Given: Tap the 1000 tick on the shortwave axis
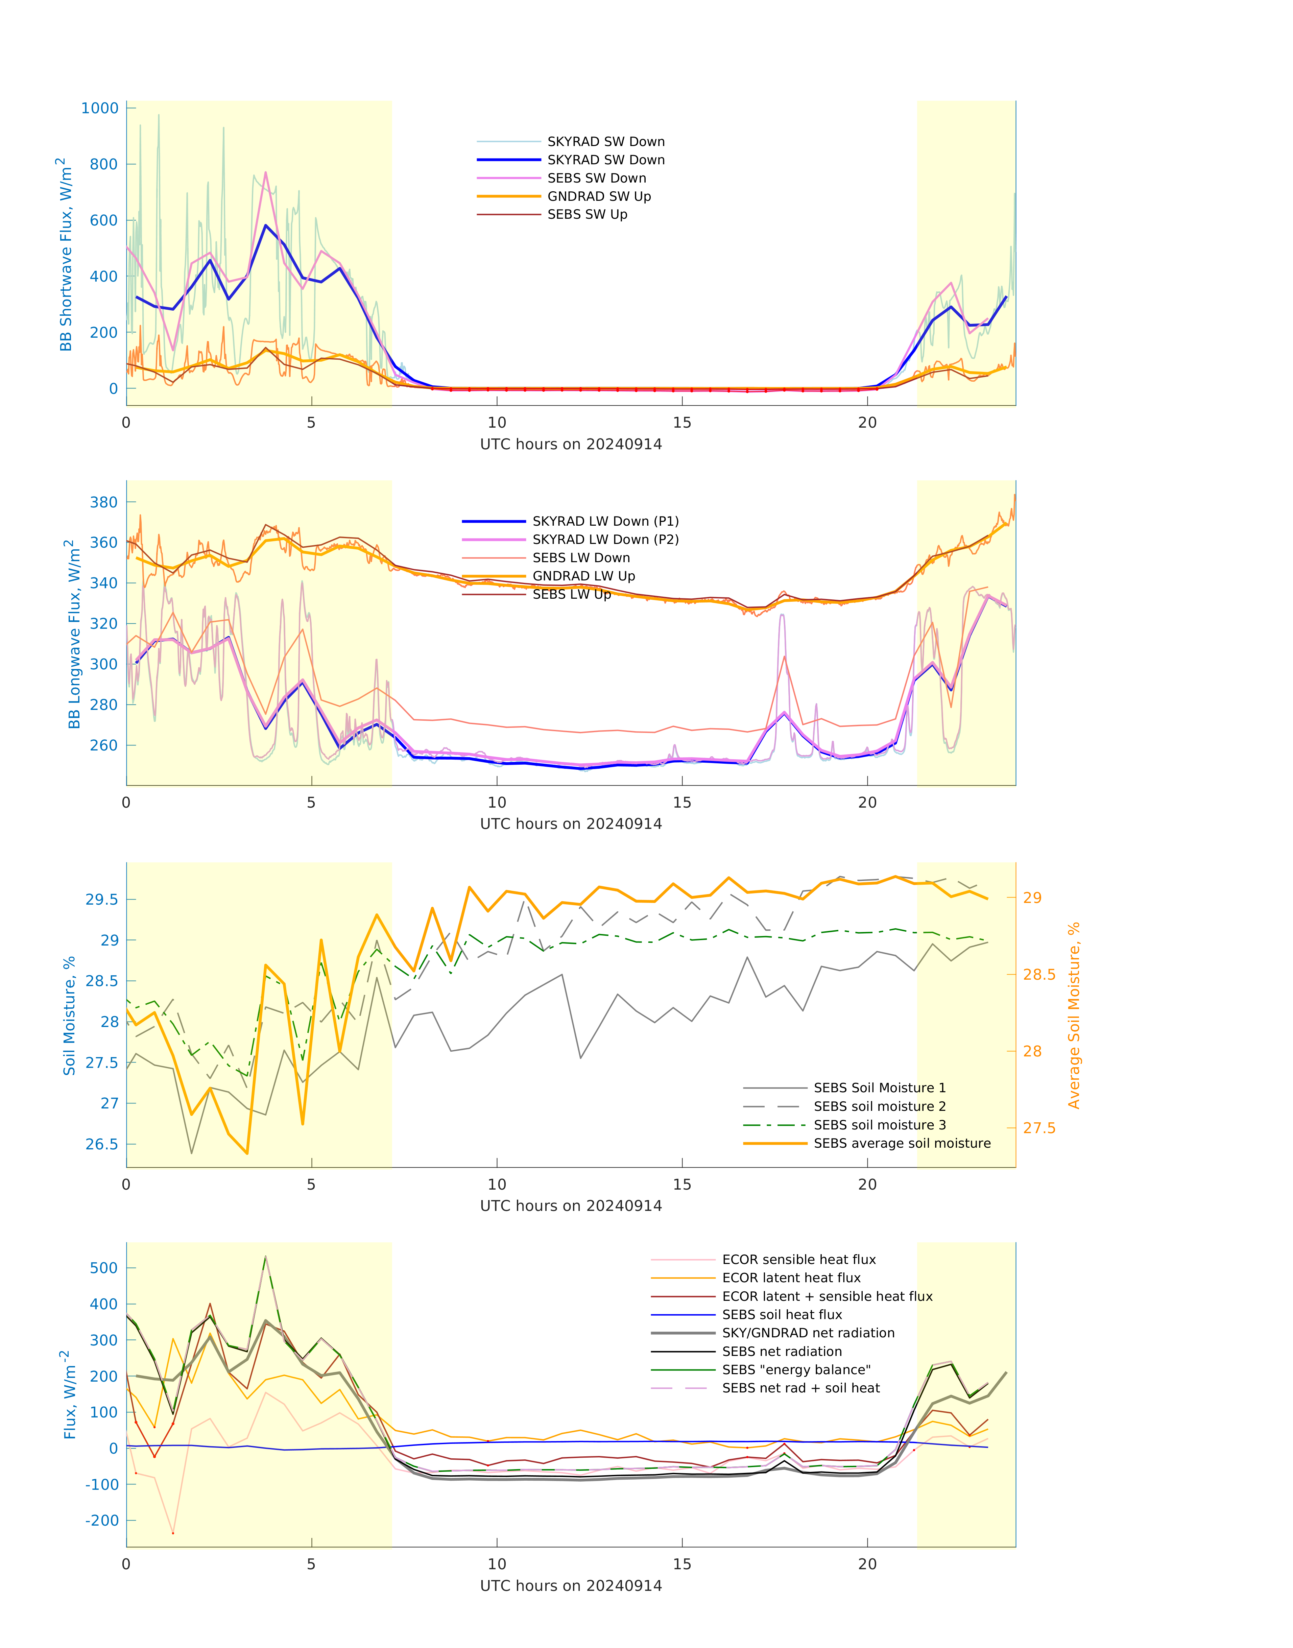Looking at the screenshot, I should pos(100,108).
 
